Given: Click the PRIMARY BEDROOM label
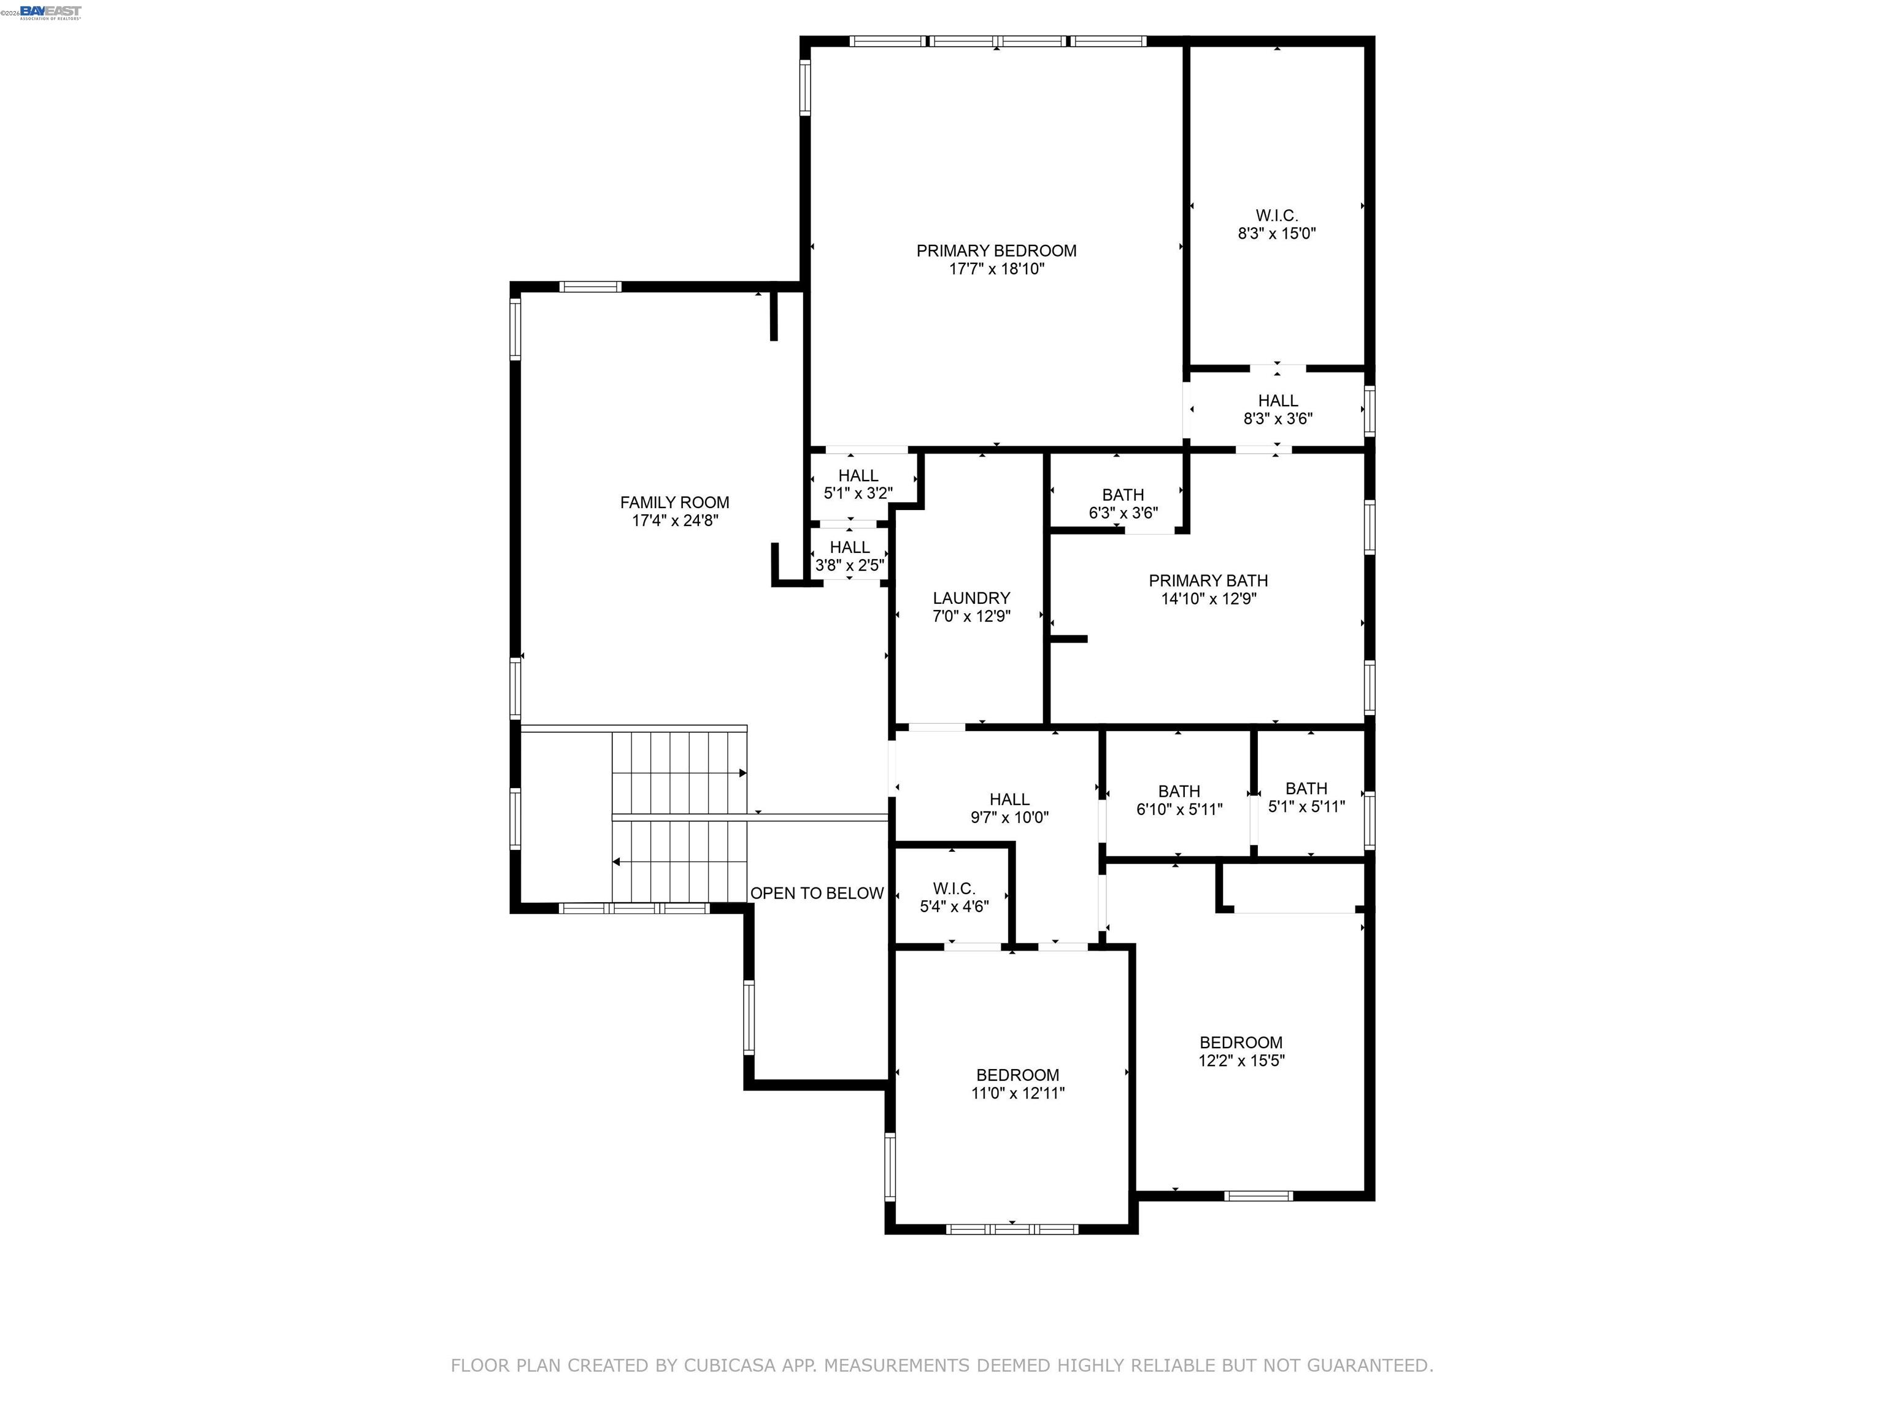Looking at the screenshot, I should point(996,250).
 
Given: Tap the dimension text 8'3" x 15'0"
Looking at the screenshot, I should point(1276,234).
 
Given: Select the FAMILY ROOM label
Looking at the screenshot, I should point(674,503).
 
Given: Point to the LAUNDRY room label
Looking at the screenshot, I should point(971,598).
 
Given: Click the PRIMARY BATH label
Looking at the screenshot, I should point(1208,581).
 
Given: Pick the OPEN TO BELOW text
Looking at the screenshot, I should point(816,893).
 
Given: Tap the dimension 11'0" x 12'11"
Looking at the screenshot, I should point(1017,1094).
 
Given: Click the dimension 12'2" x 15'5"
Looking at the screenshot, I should point(1241,1061).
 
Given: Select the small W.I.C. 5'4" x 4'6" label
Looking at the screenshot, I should point(954,897).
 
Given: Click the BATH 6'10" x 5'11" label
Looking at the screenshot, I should point(1179,800).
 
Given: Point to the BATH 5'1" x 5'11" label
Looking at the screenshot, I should point(1306,797).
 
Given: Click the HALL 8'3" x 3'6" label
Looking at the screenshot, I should point(1278,409).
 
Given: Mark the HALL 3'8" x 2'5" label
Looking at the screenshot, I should point(850,555).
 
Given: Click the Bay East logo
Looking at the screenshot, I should point(50,12).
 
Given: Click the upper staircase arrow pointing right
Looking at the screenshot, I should point(742,773).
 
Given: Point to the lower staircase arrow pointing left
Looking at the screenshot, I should point(616,862).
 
